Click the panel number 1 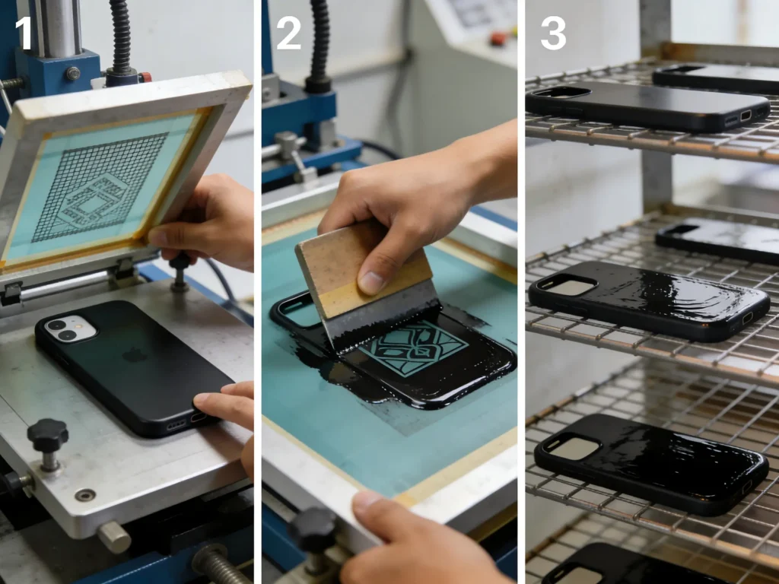tap(24, 33)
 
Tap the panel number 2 tap(288, 33)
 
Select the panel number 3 tap(553, 33)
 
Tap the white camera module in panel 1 tap(71, 328)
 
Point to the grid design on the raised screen tap(99, 187)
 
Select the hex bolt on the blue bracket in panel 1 tap(72, 74)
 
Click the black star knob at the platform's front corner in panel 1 tap(47, 436)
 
